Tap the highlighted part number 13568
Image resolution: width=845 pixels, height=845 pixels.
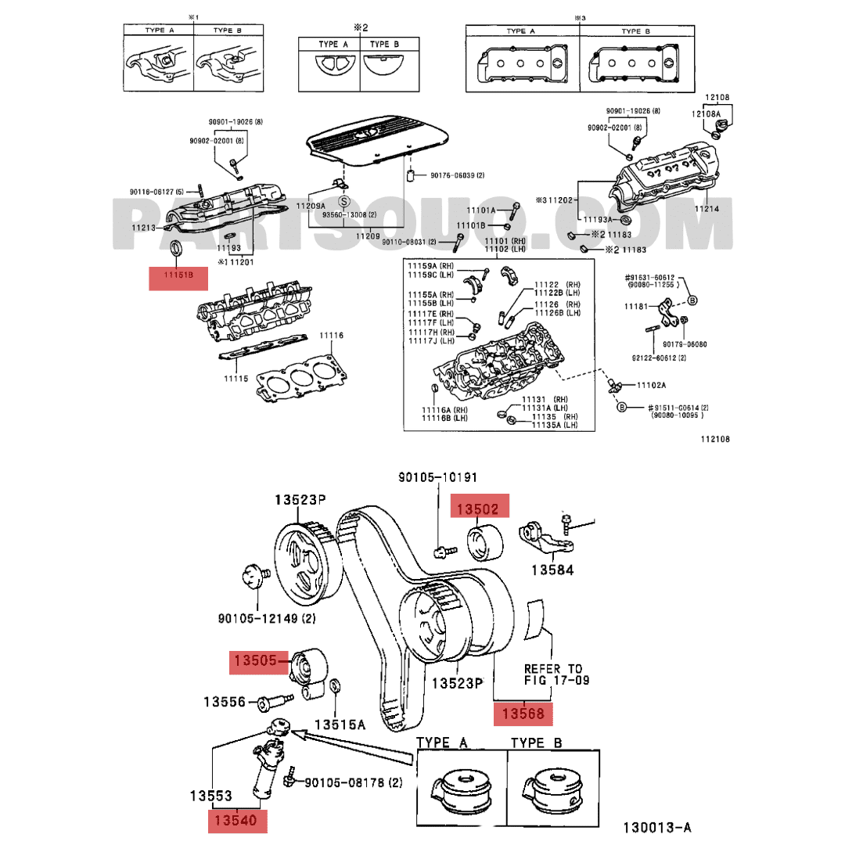[x=523, y=714]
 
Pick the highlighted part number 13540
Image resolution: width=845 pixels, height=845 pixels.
[x=237, y=820]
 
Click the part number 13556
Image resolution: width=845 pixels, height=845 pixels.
[x=225, y=702]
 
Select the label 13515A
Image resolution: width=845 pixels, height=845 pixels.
[x=340, y=725]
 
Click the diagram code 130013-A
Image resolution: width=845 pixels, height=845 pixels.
[x=657, y=828]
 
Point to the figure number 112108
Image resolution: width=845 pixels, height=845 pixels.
[x=714, y=439]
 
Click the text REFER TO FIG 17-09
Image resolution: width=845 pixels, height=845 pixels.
[x=553, y=674]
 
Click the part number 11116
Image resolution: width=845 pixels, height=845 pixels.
[x=330, y=335]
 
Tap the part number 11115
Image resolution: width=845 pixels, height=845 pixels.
[x=236, y=378]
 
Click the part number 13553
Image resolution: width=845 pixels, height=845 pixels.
[x=210, y=796]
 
